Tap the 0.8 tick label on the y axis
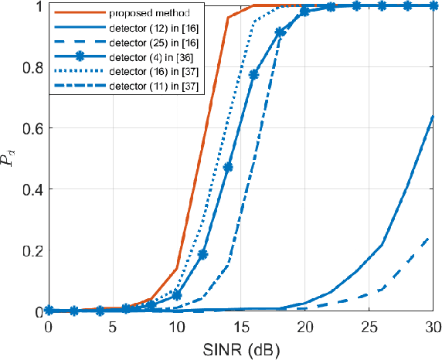[x=32, y=67]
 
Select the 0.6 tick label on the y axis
[x=32, y=128]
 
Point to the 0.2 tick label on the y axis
[x=32, y=251]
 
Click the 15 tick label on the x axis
[x=241, y=328]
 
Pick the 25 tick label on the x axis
[x=369, y=328]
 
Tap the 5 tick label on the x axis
[x=113, y=328]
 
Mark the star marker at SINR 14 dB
[x=228, y=167]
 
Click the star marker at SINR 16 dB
[x=253, y=74]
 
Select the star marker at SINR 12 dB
[x=202, y=254]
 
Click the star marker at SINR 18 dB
[x=280, y=32]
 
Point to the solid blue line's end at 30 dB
[x=433, y=117]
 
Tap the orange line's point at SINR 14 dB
[x=228, y=18]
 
